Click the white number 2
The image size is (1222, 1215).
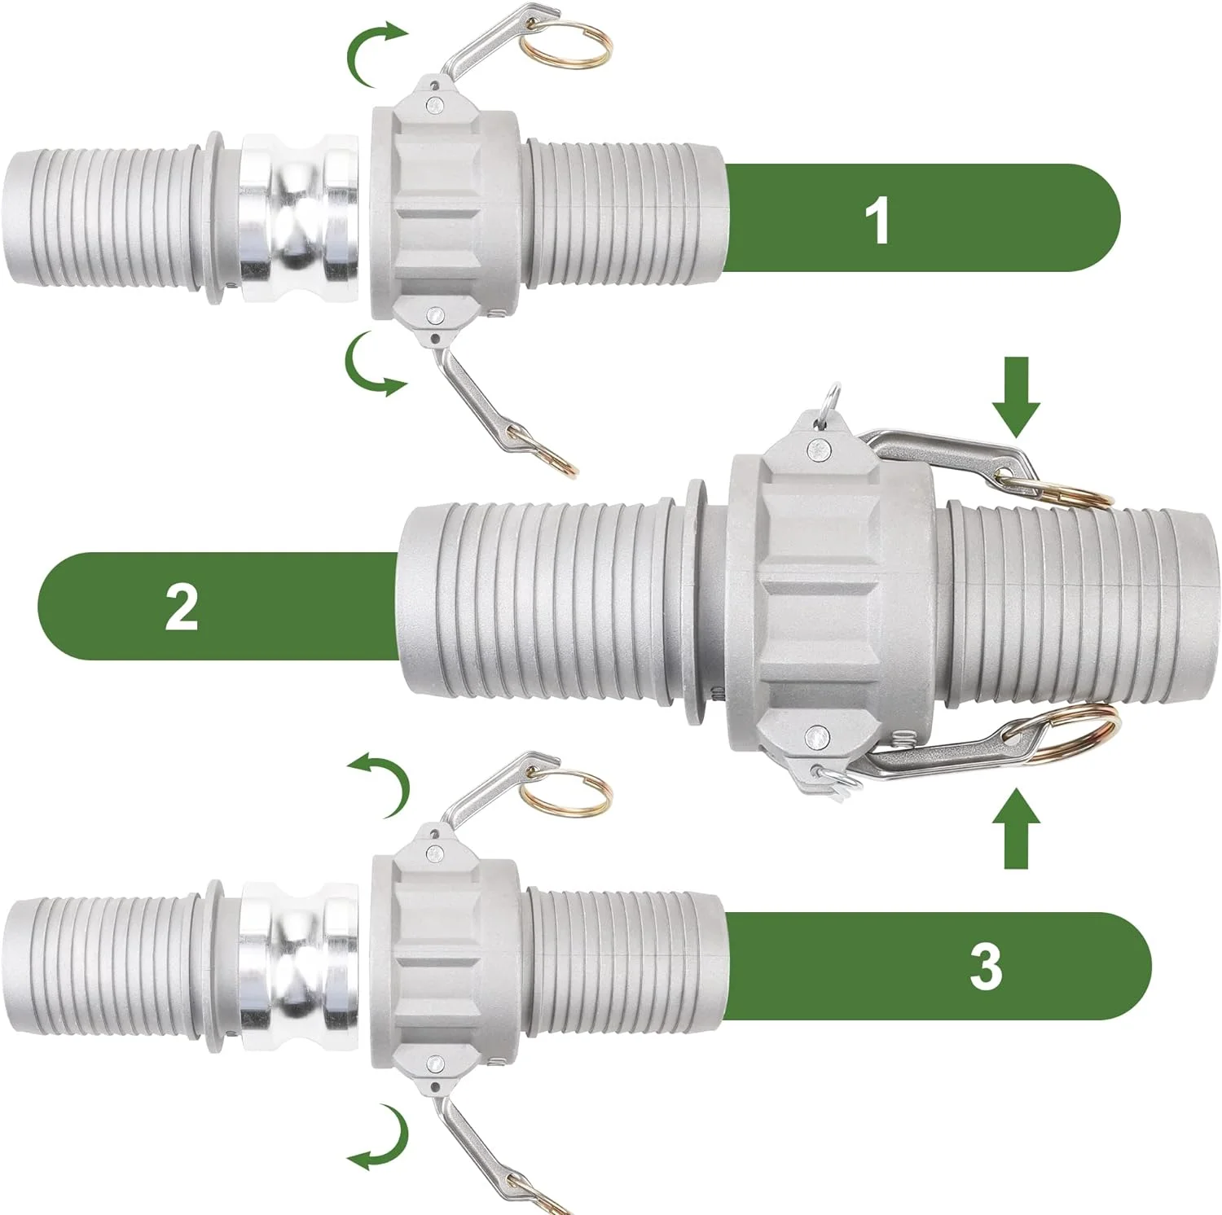pyautogui.click(x=181, y=607)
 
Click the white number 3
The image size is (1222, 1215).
pyautogui.click(x=986, y=967)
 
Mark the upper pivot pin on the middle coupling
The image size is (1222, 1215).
pyautogui.click(x=815, y=447)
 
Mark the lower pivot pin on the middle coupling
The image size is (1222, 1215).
pyautogui.click(x=814, y=738)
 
